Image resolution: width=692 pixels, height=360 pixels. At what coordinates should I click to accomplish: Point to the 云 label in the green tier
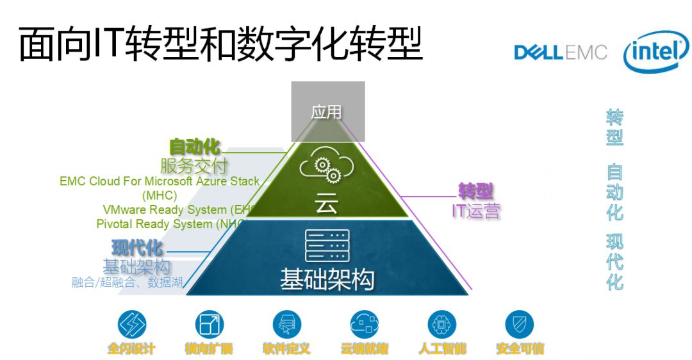coord(326,205)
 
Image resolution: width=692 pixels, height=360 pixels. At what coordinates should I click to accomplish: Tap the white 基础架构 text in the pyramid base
coord(327,280)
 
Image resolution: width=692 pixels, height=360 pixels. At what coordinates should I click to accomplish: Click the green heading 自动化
coord(194,147)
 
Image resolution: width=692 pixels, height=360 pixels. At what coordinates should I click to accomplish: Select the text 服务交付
coord(194,166)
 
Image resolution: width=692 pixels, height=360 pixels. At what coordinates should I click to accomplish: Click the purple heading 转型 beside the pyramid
coord(475,191)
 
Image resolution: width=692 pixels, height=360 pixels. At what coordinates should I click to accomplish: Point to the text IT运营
coord(475,211)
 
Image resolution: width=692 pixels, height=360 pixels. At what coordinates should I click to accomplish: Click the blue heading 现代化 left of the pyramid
coord(137,247)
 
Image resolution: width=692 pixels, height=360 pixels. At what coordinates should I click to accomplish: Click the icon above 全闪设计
coord(132,324)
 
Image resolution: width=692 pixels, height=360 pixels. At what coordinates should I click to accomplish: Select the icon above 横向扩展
coord(209,324)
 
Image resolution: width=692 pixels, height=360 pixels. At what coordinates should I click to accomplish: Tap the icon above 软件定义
coord(286,324)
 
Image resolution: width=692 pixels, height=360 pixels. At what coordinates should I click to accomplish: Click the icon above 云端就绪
coord(364,324)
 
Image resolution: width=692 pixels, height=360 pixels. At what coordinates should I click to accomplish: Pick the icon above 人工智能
coord(441,324)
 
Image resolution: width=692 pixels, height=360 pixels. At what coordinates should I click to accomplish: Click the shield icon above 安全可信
coord(519,324)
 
